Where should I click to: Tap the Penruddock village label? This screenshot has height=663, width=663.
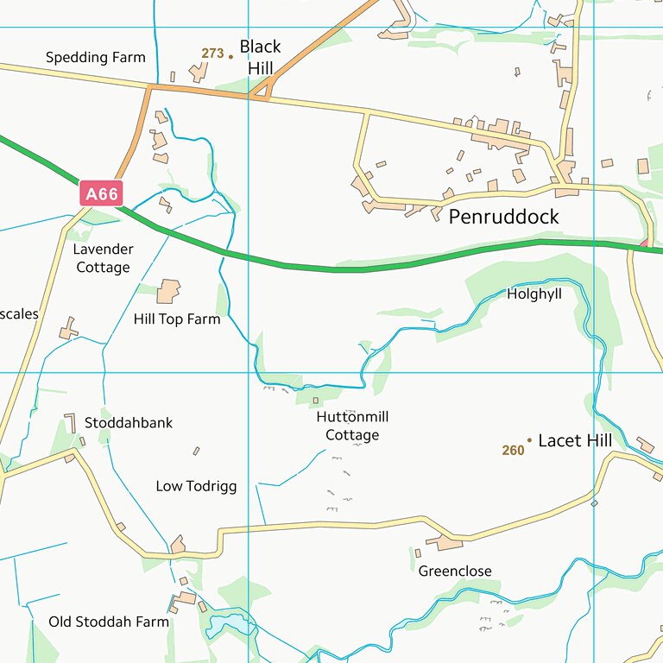[503, 217]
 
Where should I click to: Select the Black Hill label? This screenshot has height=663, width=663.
[260, 57]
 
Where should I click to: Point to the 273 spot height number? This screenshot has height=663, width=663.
[212, 54]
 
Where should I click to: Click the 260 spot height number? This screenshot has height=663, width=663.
[513, 450]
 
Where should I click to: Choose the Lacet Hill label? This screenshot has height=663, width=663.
[575, 440]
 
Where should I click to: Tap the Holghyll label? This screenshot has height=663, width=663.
[534, 294]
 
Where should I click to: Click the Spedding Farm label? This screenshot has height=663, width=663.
[95, 58]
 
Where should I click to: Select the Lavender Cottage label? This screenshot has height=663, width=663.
[103, 258]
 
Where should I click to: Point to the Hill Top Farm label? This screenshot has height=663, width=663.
[177, 319]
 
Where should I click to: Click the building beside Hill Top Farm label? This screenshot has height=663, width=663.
[169, 291]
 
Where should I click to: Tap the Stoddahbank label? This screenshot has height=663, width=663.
[129, 423]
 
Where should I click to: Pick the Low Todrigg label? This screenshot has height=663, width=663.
[196, 486]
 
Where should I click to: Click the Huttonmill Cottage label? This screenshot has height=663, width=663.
[352, 426]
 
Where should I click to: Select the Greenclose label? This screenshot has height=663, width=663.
[455, 571]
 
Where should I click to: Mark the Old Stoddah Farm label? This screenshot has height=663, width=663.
[109, 622]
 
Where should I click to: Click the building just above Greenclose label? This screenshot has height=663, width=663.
[445, 542]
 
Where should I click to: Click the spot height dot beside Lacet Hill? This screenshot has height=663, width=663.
[529, 440]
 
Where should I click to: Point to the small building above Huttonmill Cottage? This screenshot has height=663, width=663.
[315, 401]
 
